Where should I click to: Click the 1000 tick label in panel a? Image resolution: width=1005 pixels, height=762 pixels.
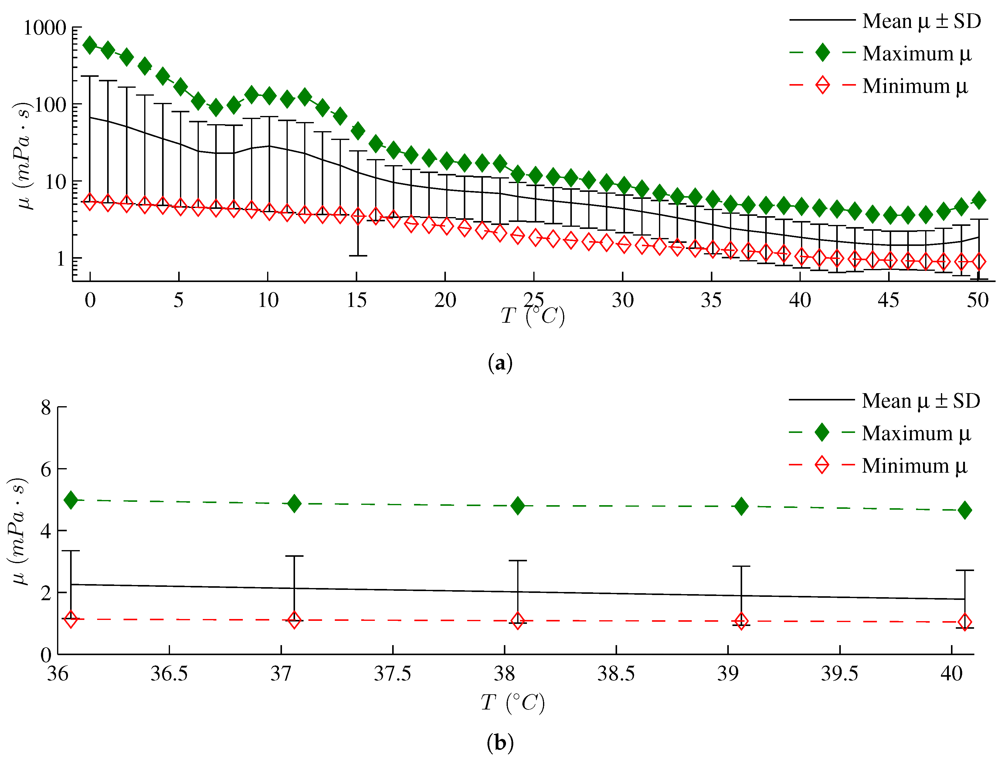coord(45,28)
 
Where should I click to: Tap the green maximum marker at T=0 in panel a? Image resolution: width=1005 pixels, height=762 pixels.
coord(90,45)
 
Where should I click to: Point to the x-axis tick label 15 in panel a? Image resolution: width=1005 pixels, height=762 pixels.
coord(357,300)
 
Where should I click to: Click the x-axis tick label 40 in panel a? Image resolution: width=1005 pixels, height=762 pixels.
coord(800,300)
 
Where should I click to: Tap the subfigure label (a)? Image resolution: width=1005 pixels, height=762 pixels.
coord(500,363)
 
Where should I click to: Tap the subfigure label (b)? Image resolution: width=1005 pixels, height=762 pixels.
coord(500,743)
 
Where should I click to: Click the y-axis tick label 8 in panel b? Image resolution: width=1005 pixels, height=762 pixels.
coord(46,408)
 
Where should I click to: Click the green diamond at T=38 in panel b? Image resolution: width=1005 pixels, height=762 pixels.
coord(518,506)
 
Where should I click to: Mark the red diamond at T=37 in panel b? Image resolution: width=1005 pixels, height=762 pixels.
coord(294,620)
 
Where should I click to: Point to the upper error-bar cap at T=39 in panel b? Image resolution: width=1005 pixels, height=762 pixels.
coord(741,566)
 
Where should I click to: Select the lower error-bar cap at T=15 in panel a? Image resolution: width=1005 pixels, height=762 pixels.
coord(358,256)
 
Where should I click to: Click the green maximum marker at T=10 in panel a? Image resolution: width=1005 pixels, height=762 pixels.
coord(269,96)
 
